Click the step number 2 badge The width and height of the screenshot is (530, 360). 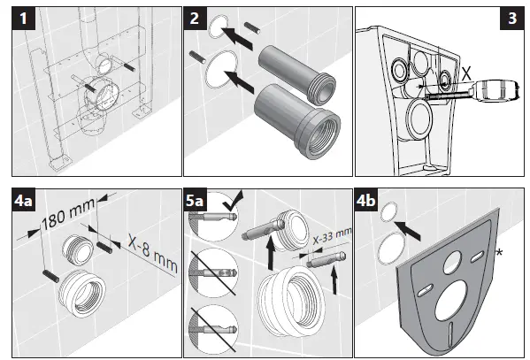[x=196, y=18]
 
